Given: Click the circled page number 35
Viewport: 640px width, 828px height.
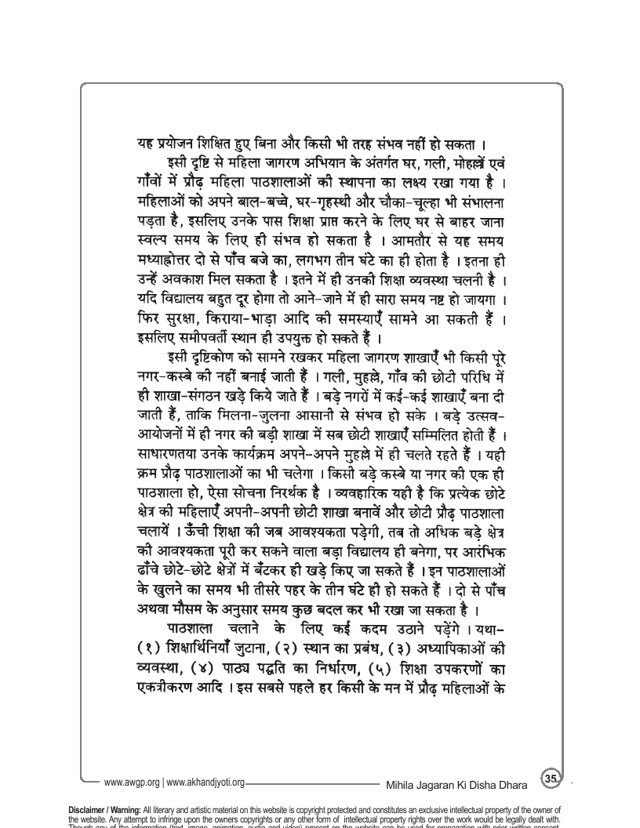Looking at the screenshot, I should coord(551,777).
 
